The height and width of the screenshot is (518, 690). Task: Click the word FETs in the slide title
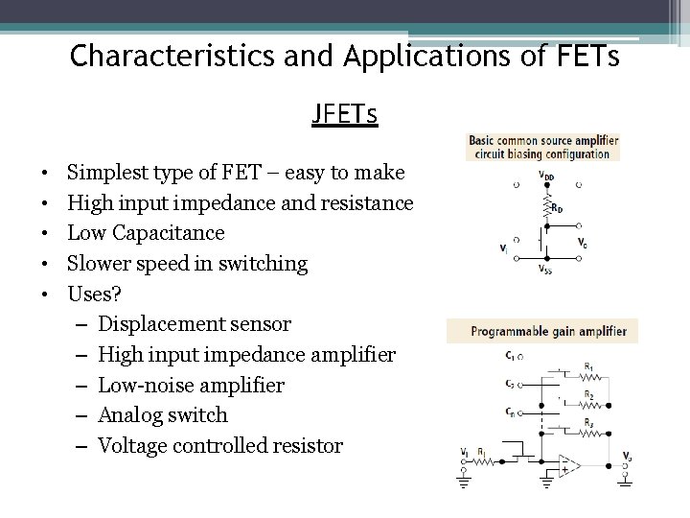click(x=581, y=57)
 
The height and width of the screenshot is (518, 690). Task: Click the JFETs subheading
click(x=344, y=115)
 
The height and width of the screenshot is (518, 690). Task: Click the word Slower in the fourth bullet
click(x=97, y=263)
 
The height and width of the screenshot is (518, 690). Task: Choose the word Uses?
click(x=92, y=294)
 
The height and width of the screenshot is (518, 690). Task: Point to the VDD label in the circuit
click(x=545, y=176)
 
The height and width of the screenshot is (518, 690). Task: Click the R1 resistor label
click(x=588, y=365)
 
